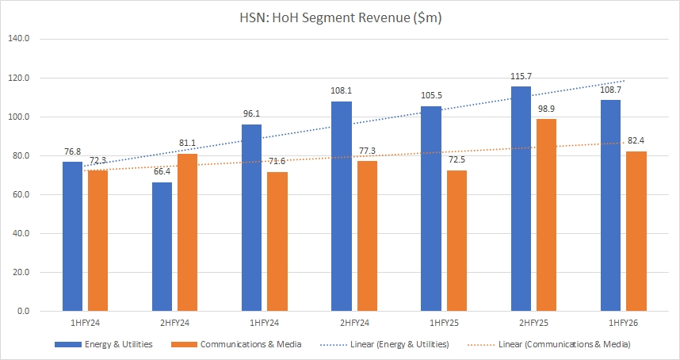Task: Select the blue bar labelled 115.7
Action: (x=521, y=198)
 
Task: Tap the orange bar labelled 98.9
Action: (x=546, y=215)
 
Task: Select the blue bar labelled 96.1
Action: (x=251, y=217)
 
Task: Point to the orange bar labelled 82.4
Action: (x=636, y=231)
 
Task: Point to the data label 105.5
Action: (x=431, y=95)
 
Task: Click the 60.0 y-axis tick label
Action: (x=18, y=194)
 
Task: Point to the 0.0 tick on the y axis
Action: (x=21, y=311)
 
